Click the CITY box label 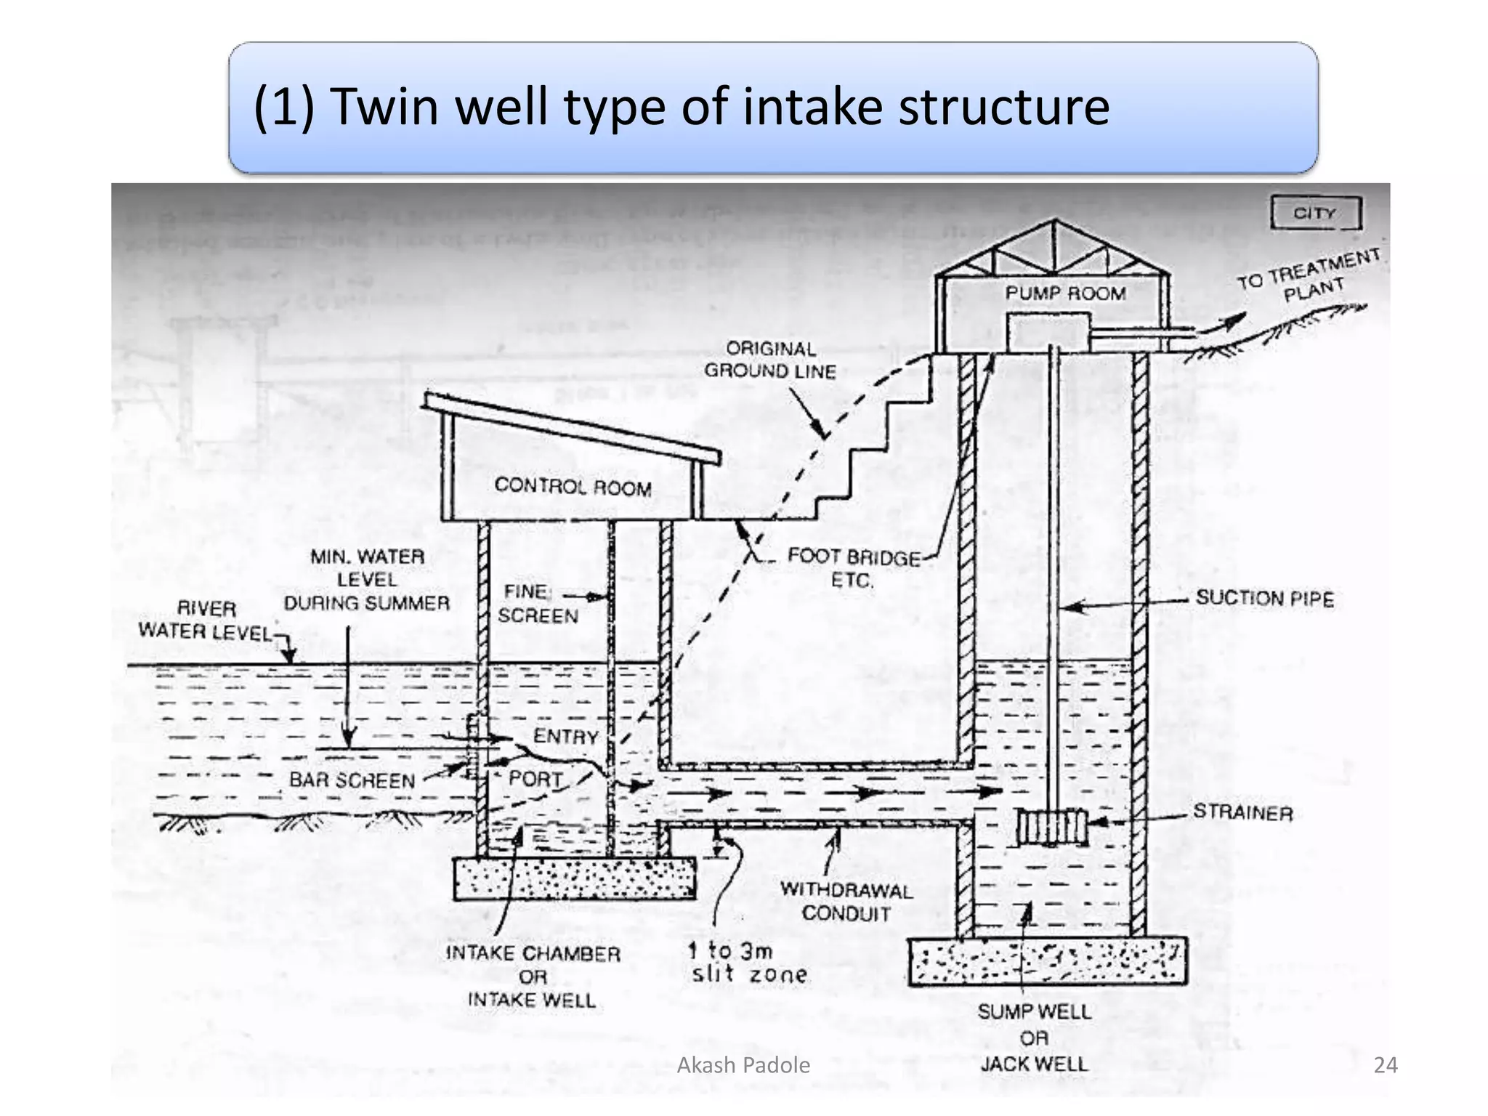point(1315,213)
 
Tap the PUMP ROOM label point(1065,294)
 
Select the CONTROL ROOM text point(573,486)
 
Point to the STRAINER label point(1242,812)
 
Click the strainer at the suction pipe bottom point(1051,827)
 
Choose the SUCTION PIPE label point(1264,599)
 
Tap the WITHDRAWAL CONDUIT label point(846,902)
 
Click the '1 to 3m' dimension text point(730,950)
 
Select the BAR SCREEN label point(352,780)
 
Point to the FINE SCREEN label point(538,604)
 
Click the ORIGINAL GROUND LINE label point(770,360)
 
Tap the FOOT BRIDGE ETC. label point(854,569)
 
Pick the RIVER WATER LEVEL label point(206,620)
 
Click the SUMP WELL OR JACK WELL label point(1034,1038)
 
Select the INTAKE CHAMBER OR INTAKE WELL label point(533,976)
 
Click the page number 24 point(1386,1065)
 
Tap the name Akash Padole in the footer point(743,1065)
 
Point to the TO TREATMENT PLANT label point(1309,275)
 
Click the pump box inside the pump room point(1048,333)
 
